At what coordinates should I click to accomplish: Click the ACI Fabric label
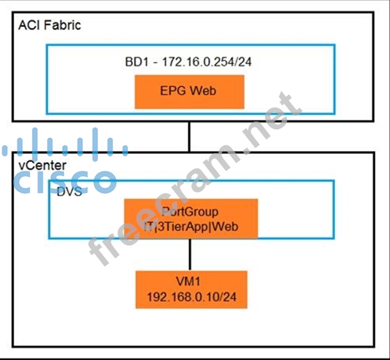49,25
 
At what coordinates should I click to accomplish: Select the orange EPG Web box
189,91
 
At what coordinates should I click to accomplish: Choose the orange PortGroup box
190,219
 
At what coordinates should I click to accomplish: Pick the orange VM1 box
191,289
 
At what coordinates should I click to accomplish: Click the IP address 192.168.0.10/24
191,297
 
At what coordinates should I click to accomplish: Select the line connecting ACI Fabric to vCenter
190,136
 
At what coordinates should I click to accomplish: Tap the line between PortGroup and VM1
190,255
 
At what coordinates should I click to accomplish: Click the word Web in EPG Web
203,91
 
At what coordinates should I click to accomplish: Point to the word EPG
174,91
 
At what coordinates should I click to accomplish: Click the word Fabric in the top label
62,25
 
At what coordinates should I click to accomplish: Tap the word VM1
191,282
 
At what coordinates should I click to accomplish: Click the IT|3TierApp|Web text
190,226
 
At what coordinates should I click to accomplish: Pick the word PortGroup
190,212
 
